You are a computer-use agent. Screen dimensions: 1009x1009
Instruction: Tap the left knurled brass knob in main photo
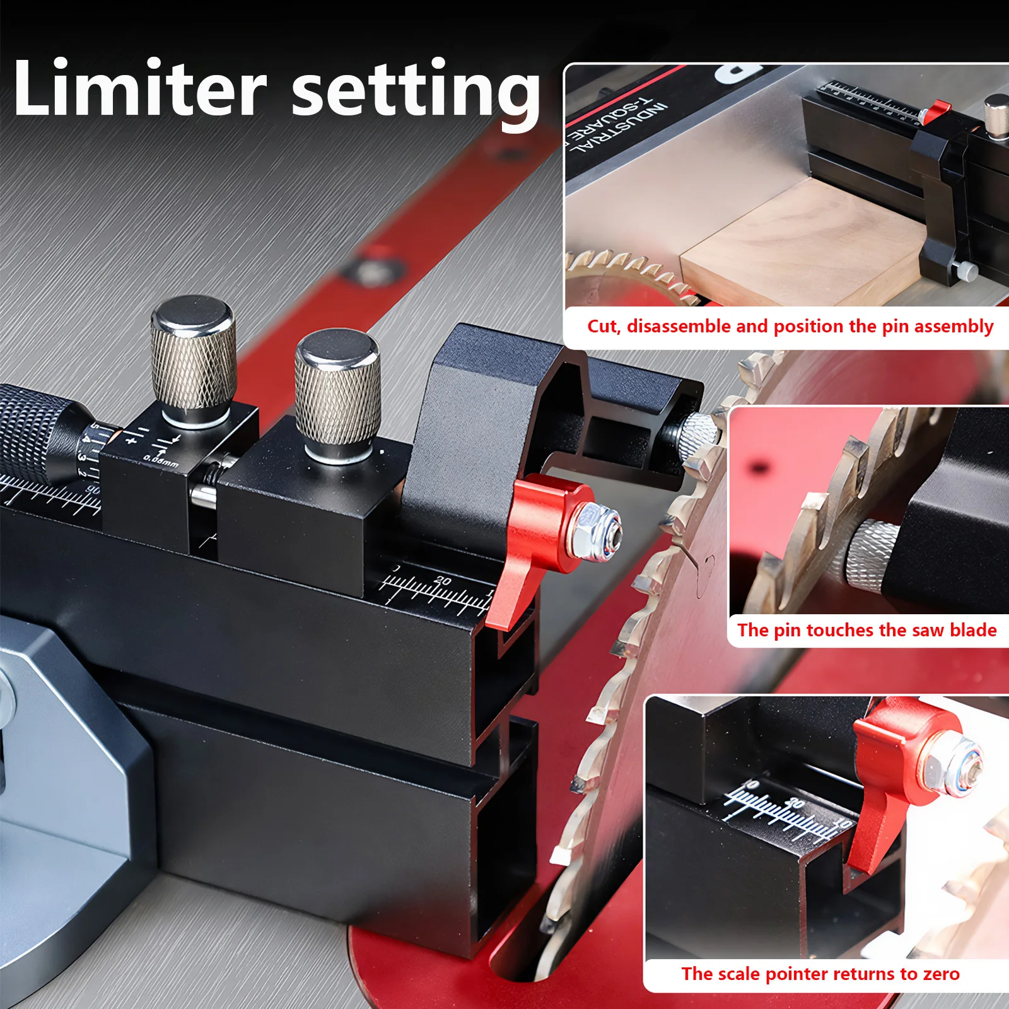point(194,359)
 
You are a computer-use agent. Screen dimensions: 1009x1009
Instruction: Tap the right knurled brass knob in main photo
point(337,394)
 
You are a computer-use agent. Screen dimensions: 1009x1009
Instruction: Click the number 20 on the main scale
point(443,581)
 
